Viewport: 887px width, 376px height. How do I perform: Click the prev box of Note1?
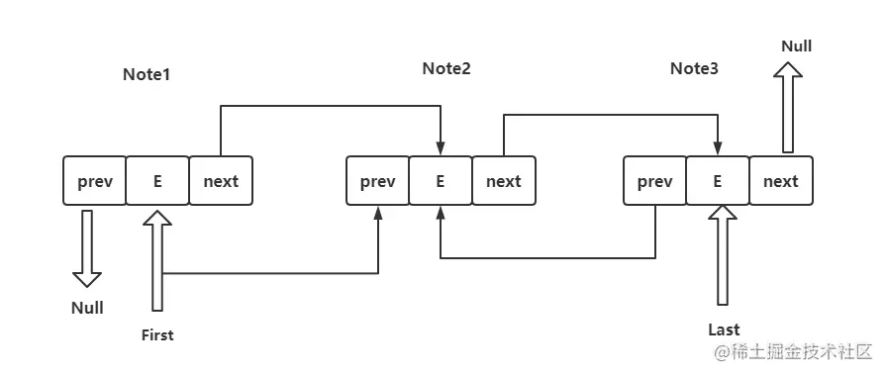pyautogui.click(x=95, y=181)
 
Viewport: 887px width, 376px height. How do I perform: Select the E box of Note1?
pyautogui.click(x=157, y=181)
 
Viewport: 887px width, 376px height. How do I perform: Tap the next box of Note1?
pyautogui.click(x=221, y=181)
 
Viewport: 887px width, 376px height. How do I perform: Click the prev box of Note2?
pyautogui.click(x=377, y=181)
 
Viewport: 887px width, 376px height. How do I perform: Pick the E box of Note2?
pyautogui.click(x=441, y=181)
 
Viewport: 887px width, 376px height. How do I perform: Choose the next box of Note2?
pyautogui.click(x=503, y=181)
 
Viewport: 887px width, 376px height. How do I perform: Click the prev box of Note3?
pyautogui.click(x=654, y=181)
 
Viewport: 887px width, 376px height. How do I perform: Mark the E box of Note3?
pyautogui.click(x=718, y=181)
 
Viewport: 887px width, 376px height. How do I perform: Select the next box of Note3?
pyautogui.click(x=780, y=181)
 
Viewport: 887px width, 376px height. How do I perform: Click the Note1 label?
pyautogui.click(x=147, y=75)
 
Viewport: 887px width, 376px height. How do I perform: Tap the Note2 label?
pyautogui.click(x=446, y=68)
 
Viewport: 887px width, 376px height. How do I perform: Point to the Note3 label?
pyautogui.click(x=694, y=68)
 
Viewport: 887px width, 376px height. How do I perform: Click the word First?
pyautogui.click(x=157, y=335)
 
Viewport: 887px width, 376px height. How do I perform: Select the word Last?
pyautogui.click(x=724, y=329)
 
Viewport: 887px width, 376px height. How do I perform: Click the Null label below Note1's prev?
pyautogui.click(x=87, y=308)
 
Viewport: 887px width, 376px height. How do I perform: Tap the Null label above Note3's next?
pyautogui.click(x=797, y=46)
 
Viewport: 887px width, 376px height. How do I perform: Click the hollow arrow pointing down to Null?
pyautogui.click(x=87, y=247)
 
